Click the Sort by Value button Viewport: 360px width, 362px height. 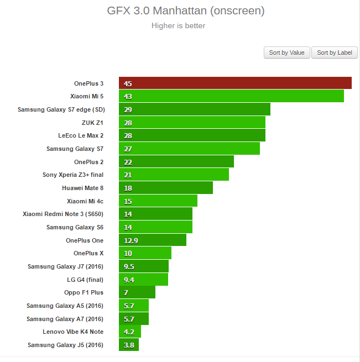(x=286, y=53)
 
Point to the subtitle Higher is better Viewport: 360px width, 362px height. (x=178, y=25)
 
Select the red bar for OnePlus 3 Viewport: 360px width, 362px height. (x=235, y=83)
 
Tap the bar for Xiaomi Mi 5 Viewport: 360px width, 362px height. (x=231, y=96)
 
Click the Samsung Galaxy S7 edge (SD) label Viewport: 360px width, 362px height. (x=61, y=109)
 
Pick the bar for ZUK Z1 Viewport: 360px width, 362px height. (x=192, y=123)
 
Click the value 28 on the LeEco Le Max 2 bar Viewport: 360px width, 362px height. (x=128, y=136)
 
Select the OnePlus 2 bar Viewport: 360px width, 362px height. (x=176, y=162)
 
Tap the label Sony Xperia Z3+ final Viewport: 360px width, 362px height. (x=73, y=175)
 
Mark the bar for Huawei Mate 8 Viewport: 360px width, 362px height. (x=165, y=188)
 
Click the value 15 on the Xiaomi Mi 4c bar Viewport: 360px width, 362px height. (x=128, y=201)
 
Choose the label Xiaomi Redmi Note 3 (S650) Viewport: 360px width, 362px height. (x=63, y=214)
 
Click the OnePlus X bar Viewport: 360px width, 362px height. (x=145, y=253)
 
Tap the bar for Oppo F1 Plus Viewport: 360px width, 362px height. (x=137, y=292)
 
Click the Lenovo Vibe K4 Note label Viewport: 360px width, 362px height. (x=73, y=332)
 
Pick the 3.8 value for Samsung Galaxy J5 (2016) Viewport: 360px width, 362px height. (x=128, y=345)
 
